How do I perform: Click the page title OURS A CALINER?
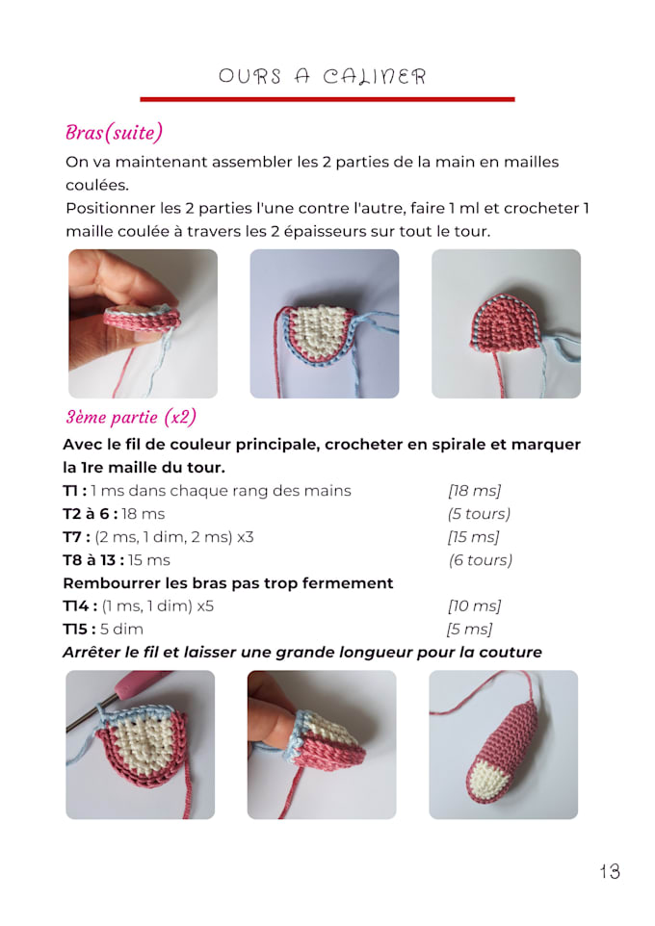(322, 76)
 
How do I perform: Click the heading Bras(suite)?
(114, 132)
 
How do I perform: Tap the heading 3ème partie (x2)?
(130, 417)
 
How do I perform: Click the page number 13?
(609, 871)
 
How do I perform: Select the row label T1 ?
(75, 491)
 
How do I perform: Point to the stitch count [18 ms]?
(474, 491)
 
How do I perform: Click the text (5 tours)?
(479, 514)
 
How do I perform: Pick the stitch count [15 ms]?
(474, 537)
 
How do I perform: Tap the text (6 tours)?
(480, 560)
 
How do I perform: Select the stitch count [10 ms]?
(474, 606)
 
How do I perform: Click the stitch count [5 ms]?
(469, 630)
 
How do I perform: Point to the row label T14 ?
(80, 606)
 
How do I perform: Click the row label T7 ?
(77, 537)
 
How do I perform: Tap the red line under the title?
(327, 98)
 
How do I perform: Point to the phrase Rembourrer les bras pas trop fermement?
(227, 583)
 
